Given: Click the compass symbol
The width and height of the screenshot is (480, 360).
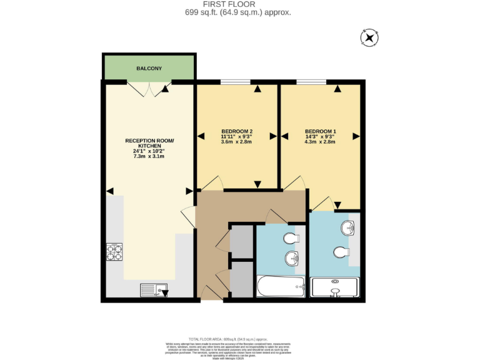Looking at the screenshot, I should tap(369, 38).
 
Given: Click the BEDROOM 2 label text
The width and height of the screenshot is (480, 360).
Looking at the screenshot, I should tap(237, 131).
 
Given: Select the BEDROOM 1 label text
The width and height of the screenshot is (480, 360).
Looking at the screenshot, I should tap(320, 131).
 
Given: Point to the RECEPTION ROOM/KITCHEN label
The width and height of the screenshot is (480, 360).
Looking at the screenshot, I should tap(149, 143).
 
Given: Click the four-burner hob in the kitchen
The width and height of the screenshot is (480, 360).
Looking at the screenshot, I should tap(114, 251).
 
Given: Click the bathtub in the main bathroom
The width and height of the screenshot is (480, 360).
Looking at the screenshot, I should tap(281, 287).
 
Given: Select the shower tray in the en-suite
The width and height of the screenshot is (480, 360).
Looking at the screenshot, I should tap(335, 287).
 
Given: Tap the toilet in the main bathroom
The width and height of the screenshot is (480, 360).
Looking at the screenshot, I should tap(291, 238).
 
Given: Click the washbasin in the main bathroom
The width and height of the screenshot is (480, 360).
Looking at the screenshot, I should tap(292, 258).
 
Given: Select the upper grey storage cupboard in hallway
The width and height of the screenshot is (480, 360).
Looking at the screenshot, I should tap(241, 241).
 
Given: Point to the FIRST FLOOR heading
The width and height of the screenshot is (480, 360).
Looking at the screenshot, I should tap(237, 4).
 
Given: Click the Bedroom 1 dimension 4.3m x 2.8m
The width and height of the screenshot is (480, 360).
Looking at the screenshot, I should tap(320, 142).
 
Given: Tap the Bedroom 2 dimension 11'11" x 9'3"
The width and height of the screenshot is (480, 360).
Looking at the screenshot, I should tap(237, 136).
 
